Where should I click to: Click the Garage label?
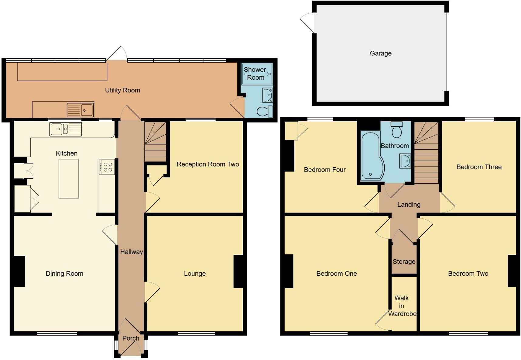(380, 54)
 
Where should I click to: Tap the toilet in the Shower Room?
(265, 112)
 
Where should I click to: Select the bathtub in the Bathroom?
(371, 157)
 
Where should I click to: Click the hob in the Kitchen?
(107, 167)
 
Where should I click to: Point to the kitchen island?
(68, 178)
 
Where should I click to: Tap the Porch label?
(131, 338)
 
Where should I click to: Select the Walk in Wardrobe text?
(402, 306)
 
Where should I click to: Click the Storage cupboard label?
(404, 261)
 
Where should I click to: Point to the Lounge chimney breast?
(238, 271)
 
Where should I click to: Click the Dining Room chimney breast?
(19, 271)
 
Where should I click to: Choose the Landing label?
(409, 205)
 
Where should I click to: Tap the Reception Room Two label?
(208, 164)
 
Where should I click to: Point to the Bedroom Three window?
(479, 119)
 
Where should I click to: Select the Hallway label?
(131, 252)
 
